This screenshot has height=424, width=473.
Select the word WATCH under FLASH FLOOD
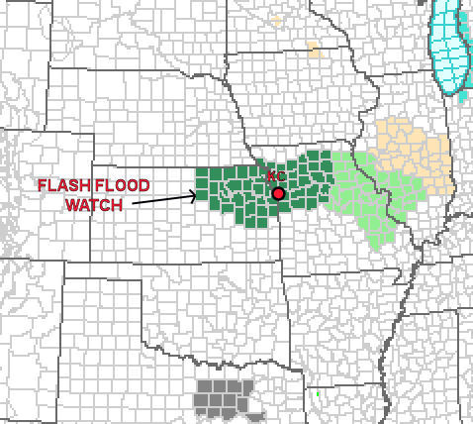[x=93, y=205]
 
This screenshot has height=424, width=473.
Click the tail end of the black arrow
[x=133, y=204]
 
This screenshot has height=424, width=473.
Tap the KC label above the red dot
[x=275, y=176]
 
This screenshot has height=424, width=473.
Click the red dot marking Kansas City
[x=278, y=193]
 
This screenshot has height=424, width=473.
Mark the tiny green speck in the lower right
[x=318, y=395]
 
